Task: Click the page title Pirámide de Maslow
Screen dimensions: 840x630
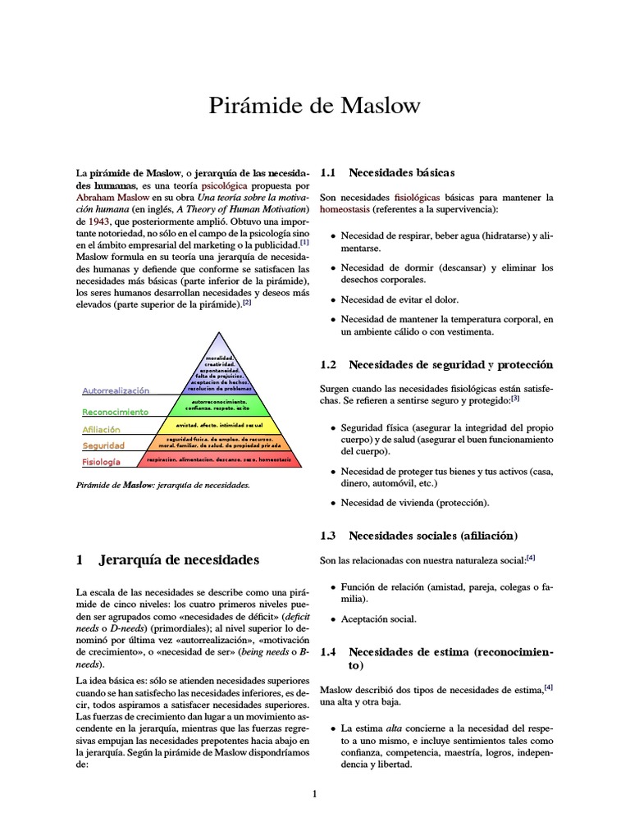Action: coord(315,107)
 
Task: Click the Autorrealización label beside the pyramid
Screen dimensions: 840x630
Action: coord(116,391)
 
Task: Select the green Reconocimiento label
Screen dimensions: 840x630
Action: coord(115,412)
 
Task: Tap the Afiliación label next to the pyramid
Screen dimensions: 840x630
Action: coord(101,429)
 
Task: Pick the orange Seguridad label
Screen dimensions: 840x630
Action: coord(103,445)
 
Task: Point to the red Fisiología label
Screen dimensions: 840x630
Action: coord(101,462)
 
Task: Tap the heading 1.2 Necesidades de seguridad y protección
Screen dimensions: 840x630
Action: coord(436,363)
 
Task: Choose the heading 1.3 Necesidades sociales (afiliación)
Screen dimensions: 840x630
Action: coord(418,536)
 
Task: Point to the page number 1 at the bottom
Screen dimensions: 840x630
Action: coord(314,793)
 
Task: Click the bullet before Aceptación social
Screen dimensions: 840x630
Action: coord(332,620)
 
